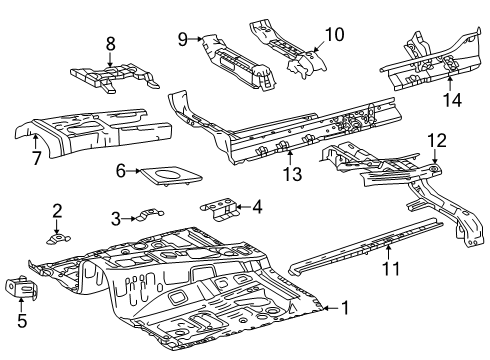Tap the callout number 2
(57, 210)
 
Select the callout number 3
(116, 218)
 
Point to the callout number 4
(257, 208)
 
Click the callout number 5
(21, 322)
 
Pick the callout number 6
(120, 171)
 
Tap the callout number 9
(183, 39)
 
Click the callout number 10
(333, 34)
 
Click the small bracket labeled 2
(59, 237)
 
